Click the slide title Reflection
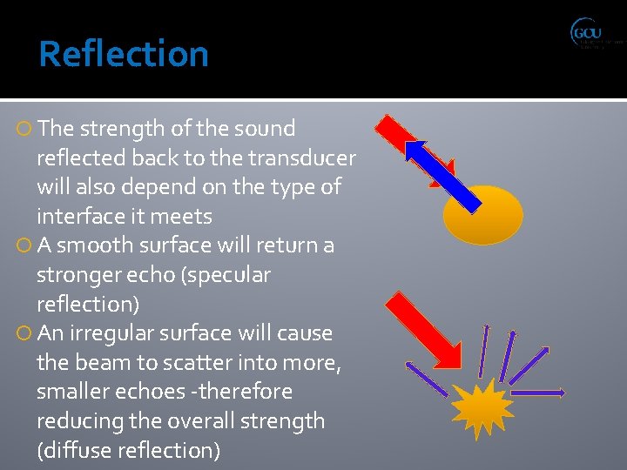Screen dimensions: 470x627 (124, 54)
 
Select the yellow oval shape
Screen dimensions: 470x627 (482, 214)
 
